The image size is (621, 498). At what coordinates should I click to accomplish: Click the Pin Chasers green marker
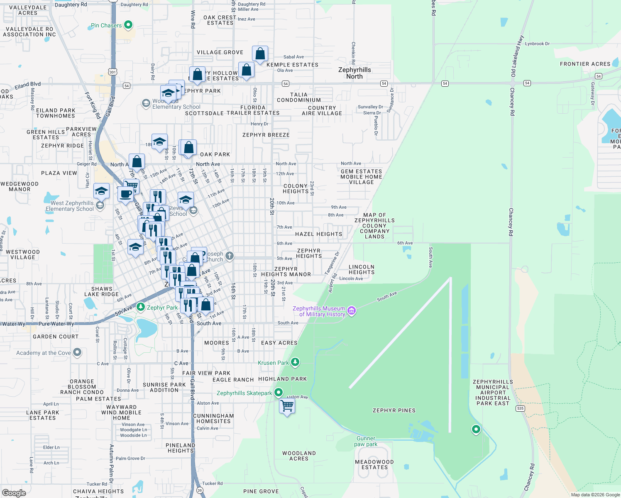(x=128, y=25)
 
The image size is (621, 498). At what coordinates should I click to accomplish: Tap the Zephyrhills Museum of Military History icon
(x=352, y=311)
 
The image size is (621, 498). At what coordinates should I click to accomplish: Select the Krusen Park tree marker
(x=295, y=362)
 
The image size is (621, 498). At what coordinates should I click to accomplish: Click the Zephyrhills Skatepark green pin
(x=279, y=392)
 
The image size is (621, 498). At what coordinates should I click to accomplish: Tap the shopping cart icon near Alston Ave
(x=287, y=405)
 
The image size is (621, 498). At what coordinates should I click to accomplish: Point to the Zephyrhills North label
(x=355, y=73)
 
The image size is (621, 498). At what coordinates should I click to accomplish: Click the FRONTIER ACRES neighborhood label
(x=585, y=64)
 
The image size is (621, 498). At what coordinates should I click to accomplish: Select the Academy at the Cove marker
(x=77, y=352)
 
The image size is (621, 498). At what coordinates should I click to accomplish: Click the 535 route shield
(x=520, y=408)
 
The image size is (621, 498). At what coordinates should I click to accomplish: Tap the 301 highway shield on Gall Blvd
(x=113, y=72)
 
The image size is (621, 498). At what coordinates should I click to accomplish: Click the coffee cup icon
(x=125, y=193)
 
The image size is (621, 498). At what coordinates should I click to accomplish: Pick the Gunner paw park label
(x=366, y=441)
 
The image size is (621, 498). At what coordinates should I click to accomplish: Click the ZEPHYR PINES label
(x=394, y=410)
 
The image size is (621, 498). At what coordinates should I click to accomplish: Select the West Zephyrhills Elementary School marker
(x=100, y=205)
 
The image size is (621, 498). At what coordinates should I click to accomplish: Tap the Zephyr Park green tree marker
(x=141, y=307)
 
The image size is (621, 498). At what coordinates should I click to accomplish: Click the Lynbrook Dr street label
(x=537, y=44)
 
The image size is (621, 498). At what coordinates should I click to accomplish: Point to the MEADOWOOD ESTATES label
(x=374, y=464)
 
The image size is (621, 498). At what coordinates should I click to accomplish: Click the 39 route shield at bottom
(x=200, y=491)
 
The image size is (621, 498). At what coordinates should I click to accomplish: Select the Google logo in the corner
(x=14, y=493)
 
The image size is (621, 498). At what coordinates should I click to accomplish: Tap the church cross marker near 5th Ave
(x=230, y=256)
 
